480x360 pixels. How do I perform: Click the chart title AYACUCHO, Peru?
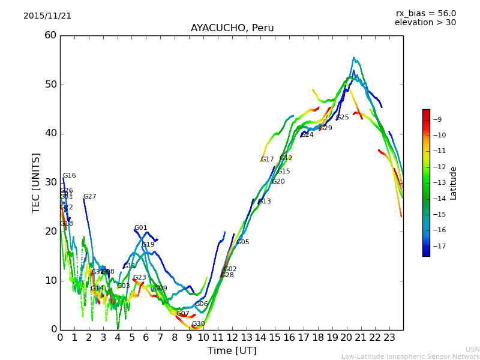tap(232, 28)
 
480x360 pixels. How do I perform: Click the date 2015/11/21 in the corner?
tap(47, 16)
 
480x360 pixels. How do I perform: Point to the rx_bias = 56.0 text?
tap(425, 13)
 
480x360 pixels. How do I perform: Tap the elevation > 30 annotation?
tap(425, 23)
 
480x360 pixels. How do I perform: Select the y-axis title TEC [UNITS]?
tap(36, 182)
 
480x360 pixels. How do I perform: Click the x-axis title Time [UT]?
tap(232, 351)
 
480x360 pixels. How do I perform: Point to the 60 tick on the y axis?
tap(50, 35)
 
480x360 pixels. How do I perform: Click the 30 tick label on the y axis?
tap(50, 182)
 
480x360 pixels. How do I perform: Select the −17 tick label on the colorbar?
tap(440, 246)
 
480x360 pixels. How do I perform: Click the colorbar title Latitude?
tap(454, 182)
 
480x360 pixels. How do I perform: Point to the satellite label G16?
tap(70, 176)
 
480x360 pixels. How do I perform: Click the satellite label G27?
tap(89, 197)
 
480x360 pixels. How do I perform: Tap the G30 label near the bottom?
tap(198, 324)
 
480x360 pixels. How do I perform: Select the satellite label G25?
tap(342, 118)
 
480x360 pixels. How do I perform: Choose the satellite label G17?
tap(267, 160)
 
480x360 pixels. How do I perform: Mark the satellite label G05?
tap(242, 242)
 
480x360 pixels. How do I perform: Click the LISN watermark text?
tap(472, 349)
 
